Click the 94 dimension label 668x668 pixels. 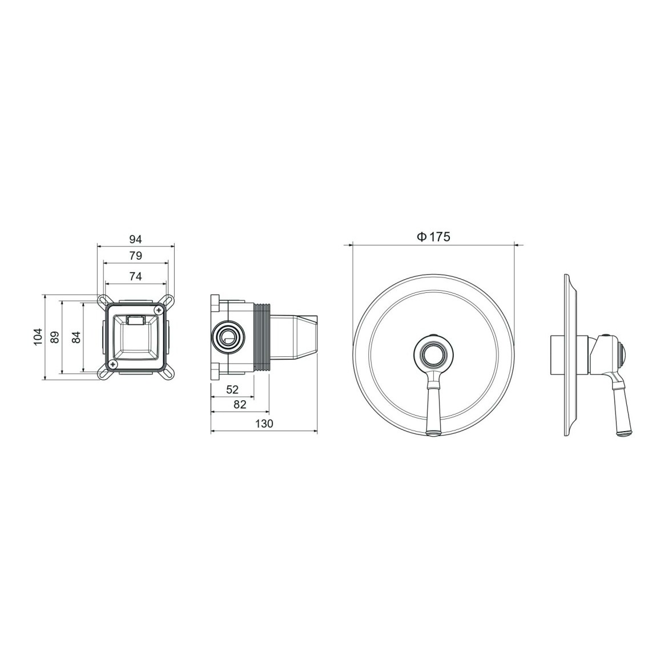(x=135, y=239)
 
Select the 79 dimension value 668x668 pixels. (x=135, y=256)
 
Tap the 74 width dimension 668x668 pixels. (x=135, y=276)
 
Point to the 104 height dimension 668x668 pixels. (x=38, y=336)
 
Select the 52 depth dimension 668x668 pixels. (x=232, y=389)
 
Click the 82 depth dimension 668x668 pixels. (x=240, y=404)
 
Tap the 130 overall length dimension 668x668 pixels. (x=264, y=424)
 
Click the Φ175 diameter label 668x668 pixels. (x=433, y=237)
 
